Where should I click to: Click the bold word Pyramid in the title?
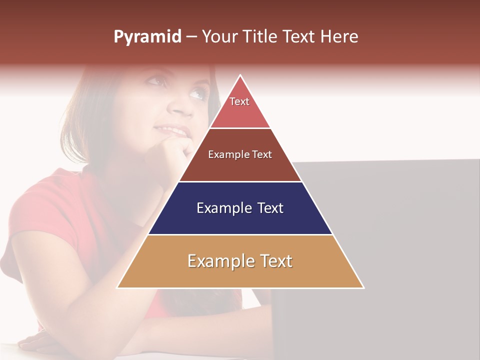tap(147, 36)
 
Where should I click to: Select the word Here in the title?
tap(339, 36)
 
